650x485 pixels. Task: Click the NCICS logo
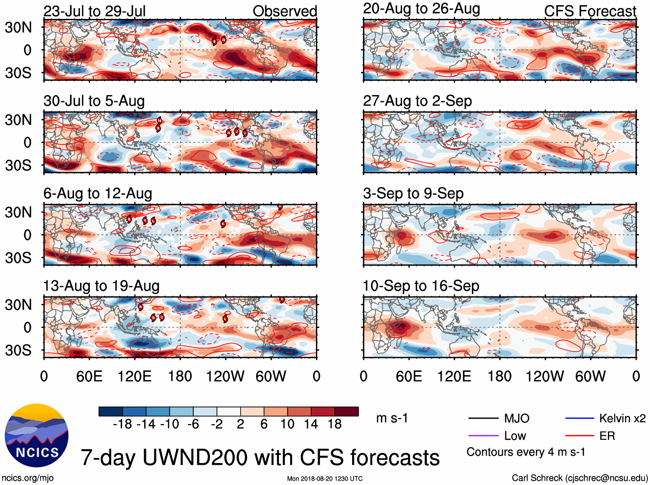(37, 436)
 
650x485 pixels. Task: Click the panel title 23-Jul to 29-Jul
(94, 11)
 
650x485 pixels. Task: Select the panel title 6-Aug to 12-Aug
(98, 194)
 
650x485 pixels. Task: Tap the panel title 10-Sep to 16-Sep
(421, 286)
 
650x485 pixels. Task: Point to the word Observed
(285, 11)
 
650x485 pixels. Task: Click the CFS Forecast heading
(590, 11)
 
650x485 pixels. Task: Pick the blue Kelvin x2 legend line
(579, 418)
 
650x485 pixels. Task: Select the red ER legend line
(579, 436)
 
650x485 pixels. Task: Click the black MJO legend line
(483, 418)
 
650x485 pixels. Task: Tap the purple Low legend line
(483, 436)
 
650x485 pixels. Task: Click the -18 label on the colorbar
(123, 424)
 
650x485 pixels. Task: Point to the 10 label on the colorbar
(287, 424)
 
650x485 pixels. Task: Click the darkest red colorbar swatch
(347, 411)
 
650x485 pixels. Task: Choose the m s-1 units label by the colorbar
(392, 418)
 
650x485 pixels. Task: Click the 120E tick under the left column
(135, 377)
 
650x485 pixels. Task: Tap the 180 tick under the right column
(499, 377)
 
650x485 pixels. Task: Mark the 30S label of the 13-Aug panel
(18, 350)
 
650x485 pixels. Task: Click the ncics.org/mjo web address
(28, 478)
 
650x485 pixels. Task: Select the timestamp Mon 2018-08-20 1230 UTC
(325, 479)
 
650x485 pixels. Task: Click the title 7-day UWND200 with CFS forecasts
(260, 457)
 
